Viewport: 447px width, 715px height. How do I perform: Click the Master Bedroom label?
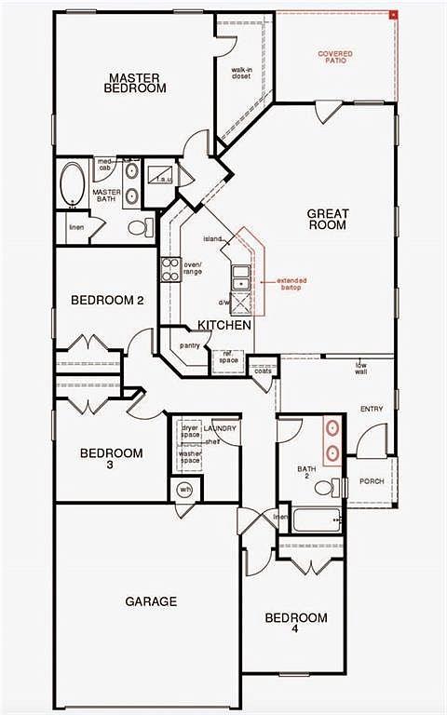(137, 83)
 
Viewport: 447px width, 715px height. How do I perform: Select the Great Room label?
(328, 219)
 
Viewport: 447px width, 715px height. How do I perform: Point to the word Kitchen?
(223, 326)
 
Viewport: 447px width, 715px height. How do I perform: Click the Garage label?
(151, 601)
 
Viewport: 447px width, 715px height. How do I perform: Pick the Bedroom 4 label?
(296, 623)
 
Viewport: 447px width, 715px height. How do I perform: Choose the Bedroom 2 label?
(107, 300)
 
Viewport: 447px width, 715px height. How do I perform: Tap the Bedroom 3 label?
(111, 458)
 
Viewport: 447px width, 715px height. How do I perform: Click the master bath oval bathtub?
(72, 184)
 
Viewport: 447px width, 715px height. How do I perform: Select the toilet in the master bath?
(140, 226)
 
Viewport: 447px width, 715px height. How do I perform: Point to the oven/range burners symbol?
(170, 269)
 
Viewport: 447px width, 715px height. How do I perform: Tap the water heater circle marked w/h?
(184, 490)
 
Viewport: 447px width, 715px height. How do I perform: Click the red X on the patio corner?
(394, 14)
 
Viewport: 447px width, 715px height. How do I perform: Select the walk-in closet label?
(244, 74)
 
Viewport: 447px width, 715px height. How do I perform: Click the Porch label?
(372, 481)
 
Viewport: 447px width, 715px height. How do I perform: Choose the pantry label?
(190, 346)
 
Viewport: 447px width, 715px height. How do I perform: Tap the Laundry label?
(225, 428)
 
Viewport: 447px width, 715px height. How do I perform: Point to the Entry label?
(372, 410)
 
